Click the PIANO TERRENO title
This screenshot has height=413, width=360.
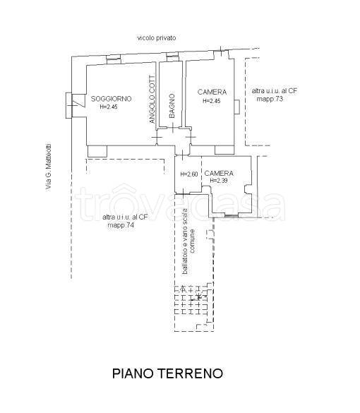167,373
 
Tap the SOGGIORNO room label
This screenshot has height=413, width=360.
111,99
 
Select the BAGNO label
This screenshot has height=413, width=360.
172,106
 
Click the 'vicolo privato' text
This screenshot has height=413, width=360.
157,38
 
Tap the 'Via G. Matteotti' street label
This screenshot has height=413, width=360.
49,167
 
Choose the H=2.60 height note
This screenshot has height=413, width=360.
188,174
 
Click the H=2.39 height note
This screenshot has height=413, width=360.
219,181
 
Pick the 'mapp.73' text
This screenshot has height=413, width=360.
270,99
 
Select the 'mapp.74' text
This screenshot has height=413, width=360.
121,225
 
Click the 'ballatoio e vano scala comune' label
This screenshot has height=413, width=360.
188,241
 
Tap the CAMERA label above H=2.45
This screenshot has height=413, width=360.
212,92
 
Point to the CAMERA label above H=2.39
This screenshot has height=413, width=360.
219,173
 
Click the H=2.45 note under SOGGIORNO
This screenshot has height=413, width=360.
109,107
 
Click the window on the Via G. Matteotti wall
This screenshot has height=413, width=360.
68,105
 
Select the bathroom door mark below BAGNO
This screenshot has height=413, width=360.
172,128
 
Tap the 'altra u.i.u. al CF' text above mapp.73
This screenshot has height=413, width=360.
275,91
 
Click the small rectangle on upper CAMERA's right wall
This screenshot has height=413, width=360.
236,107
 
